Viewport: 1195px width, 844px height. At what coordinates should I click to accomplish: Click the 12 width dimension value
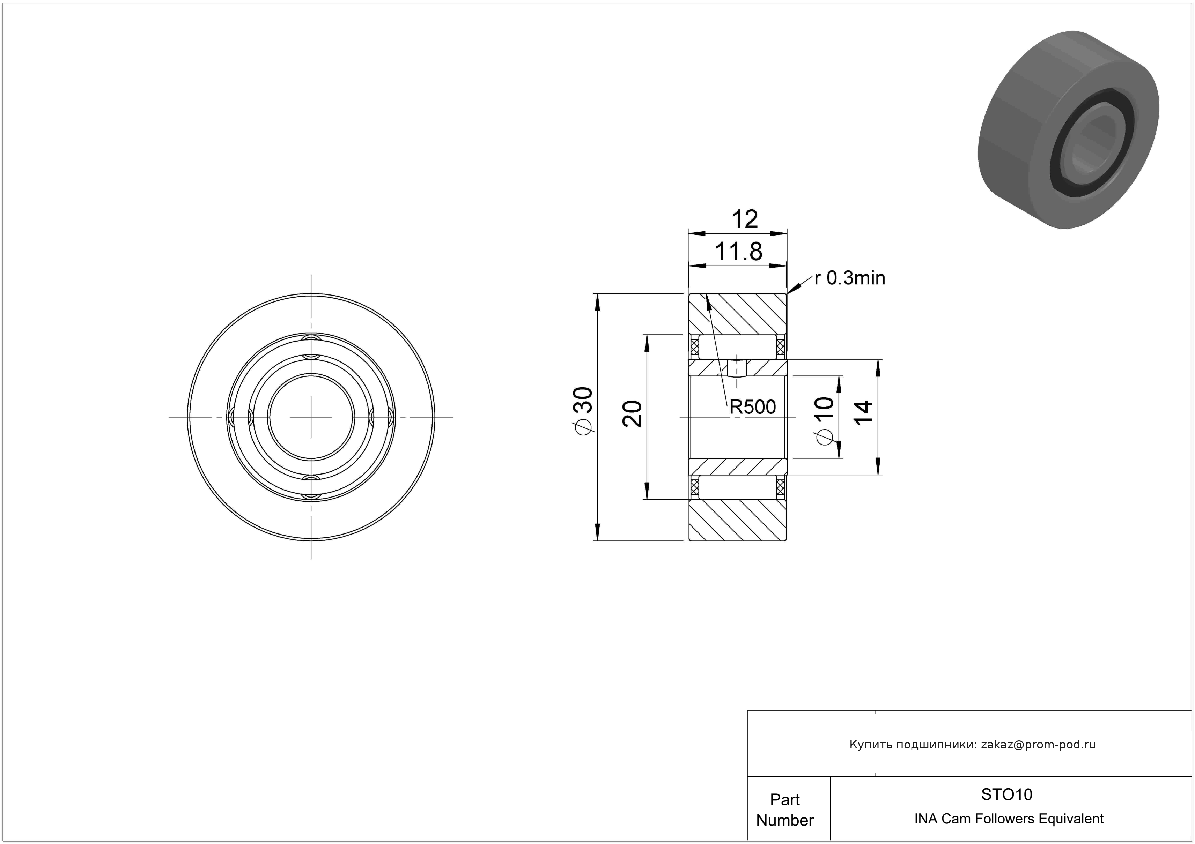coord(744,219)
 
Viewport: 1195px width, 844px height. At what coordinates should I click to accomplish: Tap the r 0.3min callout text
coord(849,278)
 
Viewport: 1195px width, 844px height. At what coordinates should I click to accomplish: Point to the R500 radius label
coord(753,407)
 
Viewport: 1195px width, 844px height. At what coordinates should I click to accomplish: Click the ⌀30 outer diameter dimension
coord(584,410)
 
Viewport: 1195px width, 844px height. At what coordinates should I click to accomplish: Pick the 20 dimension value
coord(632,414)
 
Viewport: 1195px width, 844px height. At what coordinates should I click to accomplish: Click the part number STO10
coord(1006,794)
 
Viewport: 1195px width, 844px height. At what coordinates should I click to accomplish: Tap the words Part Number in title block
coord(785,810)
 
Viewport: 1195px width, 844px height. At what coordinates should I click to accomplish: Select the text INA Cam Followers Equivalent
coord(1009,819)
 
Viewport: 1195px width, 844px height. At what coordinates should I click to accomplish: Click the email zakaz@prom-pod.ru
coord(1038,745)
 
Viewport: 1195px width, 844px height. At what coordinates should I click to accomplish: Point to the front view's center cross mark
coord(311,417)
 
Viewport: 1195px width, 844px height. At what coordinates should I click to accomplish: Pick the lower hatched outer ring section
coord(738,520)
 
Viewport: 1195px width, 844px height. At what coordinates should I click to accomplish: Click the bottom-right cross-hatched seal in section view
coord(780,488)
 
